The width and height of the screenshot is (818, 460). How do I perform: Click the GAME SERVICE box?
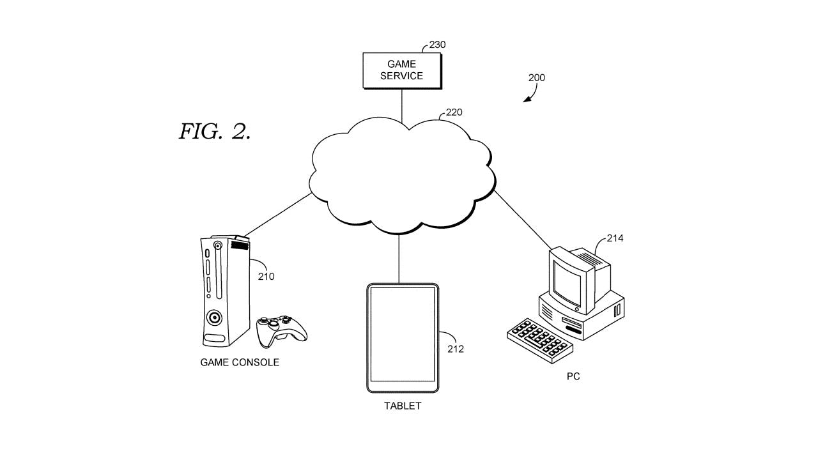point(401,70)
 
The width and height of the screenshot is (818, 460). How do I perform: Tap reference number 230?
point(437,45)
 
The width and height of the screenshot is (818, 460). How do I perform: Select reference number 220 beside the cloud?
point(454,112)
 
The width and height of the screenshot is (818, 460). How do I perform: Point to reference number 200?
point(536,78)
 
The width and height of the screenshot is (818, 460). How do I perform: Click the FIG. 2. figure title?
point(215,132)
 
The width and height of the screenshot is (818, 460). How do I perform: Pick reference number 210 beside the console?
point(266,277)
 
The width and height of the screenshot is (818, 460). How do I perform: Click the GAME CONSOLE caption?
point(240,362)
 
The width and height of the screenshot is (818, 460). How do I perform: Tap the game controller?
point(281,329)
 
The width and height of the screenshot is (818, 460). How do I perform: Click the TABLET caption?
point(403,406)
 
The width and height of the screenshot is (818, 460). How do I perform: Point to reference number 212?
point(456,349)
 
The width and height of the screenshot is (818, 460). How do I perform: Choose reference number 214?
point(615,238)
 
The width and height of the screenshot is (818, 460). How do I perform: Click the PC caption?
point(573,376)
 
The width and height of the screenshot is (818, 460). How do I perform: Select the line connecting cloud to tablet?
point(399,259)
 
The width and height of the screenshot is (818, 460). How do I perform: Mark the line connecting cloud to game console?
point(278,215)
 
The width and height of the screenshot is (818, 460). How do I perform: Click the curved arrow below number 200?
point(530,95)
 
